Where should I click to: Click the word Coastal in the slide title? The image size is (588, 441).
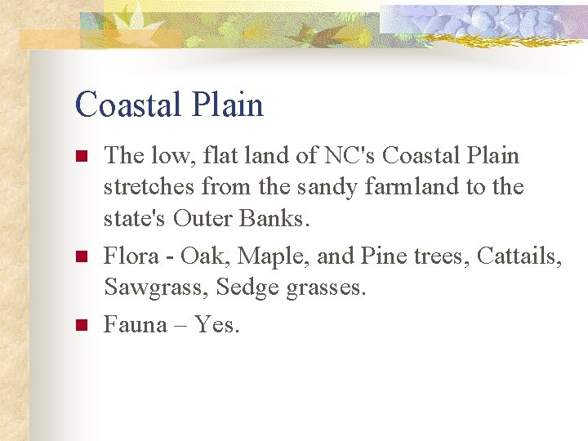pyautogui.click(x=127, y=105)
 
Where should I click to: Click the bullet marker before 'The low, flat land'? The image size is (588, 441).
pyautogui.click(x=80, y=155)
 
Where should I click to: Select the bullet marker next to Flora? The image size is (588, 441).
pyautogui.click(x=80, y=257)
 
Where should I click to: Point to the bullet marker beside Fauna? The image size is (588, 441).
pyautogui.click(x=80, y=325)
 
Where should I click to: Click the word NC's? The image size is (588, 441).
pyautogui.click(x=345, y=155)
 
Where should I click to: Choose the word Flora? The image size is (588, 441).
pyautogui.click(x=131, y=257)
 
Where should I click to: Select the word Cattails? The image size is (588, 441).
pyautogui.click(x=519, y=257)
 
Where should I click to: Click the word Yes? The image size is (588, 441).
pyautogui.click(x=216, y=325)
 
